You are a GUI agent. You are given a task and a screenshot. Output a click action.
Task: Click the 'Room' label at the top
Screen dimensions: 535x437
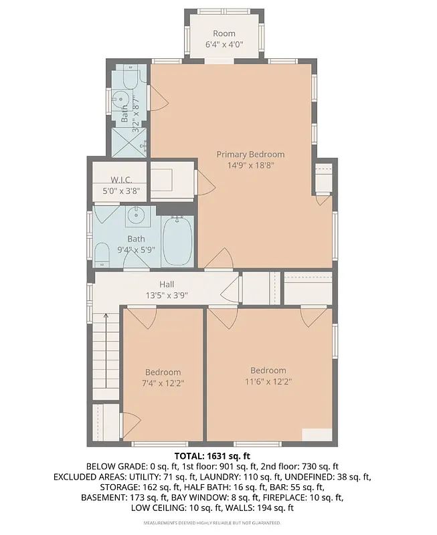coord(224,33)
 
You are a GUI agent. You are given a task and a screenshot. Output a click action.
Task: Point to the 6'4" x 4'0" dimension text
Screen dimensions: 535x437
coord(224,45)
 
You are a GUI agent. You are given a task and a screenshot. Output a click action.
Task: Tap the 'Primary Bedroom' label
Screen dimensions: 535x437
coord(250,154)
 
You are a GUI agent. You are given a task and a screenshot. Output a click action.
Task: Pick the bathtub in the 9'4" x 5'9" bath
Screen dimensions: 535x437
coord(177,241)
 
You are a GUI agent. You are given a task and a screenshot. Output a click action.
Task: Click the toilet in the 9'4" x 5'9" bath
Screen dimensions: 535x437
coord(102,254)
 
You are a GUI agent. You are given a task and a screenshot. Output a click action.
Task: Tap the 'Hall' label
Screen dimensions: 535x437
coord(167,284)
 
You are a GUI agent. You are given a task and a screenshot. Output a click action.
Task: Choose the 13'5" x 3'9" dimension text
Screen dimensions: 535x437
coord(167,295)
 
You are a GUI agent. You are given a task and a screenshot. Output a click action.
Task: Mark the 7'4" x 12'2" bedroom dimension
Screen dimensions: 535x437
coord(163,383)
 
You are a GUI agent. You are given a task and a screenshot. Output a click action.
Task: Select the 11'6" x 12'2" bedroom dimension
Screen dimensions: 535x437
coord(268,381)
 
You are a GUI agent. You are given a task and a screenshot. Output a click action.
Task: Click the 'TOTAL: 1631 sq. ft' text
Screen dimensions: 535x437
coord(218,454)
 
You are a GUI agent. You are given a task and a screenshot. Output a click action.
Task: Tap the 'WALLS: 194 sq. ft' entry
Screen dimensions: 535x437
coord(259,509)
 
